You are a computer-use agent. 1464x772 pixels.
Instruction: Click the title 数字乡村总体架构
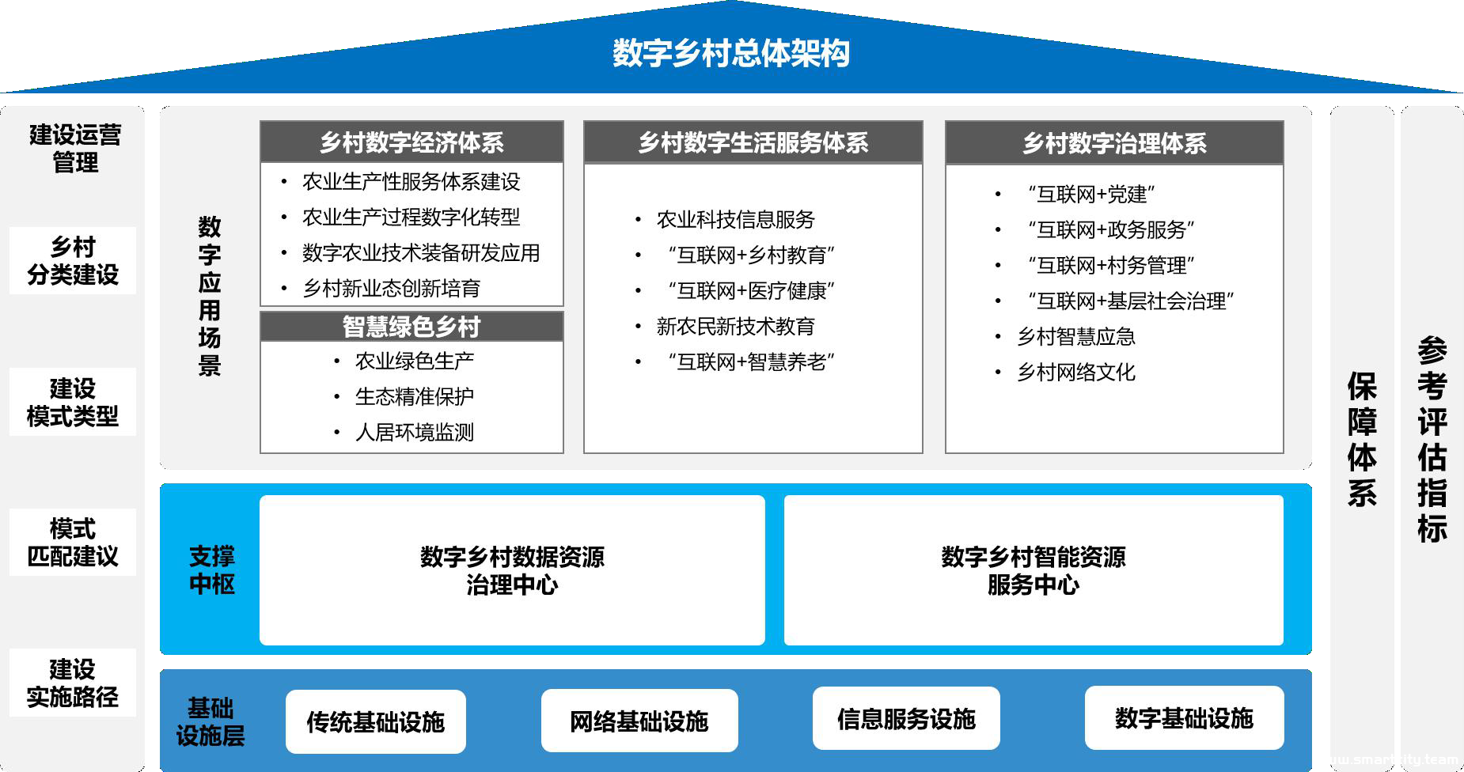(731, 53)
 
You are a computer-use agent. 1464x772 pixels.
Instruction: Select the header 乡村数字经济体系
(412, 142)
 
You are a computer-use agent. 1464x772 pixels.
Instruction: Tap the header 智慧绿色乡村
(412, 326)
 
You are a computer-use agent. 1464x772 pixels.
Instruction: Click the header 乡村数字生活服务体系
(753, 142)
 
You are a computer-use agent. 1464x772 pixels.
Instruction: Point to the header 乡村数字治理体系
(1114, 143)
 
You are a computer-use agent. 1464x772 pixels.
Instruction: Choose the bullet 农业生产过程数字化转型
(412, 217)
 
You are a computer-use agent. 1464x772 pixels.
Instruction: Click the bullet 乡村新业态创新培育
(392, 288)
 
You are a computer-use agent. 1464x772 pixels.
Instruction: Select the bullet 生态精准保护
(415, 396)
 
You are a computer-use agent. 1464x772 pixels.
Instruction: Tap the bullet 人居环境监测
(415, 432)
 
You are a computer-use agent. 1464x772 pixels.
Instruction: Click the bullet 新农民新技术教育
(736, 326)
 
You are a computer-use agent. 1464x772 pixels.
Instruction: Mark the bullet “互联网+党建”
(1091, 194)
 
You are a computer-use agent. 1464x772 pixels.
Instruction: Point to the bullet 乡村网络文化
(1076, 372)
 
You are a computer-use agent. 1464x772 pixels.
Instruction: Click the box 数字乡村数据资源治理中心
(512, 570)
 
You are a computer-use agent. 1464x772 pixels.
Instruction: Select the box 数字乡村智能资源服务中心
(1034, 570)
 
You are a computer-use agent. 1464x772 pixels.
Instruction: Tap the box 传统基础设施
(376, 721)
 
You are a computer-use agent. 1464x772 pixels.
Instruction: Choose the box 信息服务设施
(906, 718)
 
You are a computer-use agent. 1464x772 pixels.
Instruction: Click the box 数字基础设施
(1184, 718)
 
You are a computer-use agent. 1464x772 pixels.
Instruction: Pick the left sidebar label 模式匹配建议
(73, 542)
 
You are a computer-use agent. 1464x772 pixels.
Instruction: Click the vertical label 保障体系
(1362, 439)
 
